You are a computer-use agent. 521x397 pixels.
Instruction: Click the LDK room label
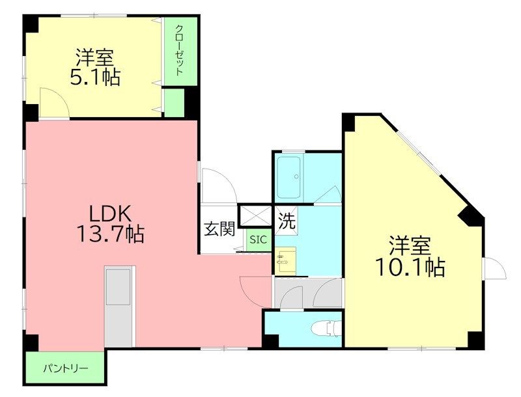click(x=111, y=213)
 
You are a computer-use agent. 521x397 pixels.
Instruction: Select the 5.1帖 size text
click(x=95, y=77)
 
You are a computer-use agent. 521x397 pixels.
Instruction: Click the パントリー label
click(x=65, y=368)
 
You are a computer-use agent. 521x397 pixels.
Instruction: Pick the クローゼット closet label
click(x=178, y=50)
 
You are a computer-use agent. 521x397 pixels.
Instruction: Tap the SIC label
click(x=259, y=240)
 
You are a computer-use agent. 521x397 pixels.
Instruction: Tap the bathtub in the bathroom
click(x=288, y=178)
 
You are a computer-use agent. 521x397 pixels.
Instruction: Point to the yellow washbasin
click(x=285, y=261)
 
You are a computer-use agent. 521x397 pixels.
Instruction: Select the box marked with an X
click(x=255, y=215)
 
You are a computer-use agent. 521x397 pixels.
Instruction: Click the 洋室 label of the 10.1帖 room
click(x=410, y=246)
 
